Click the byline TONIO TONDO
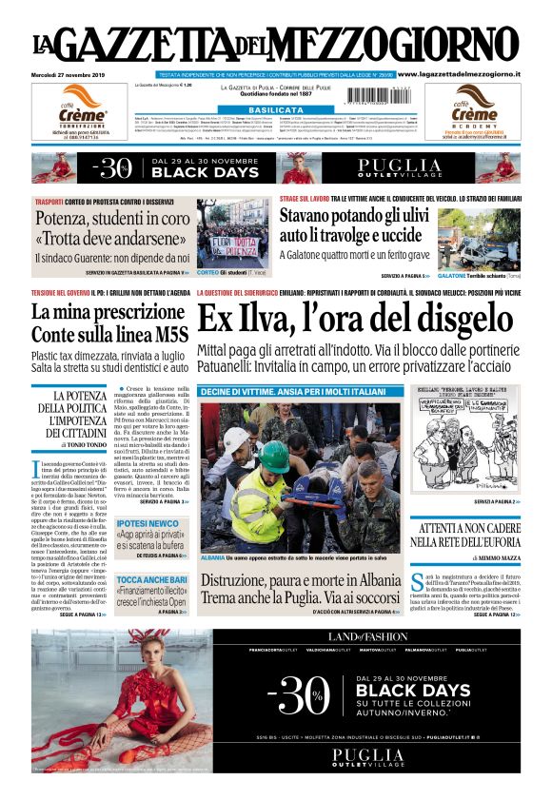click(90, 444)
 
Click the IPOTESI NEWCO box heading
click(148, 523)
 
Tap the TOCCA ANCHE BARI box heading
click(150, 579)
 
